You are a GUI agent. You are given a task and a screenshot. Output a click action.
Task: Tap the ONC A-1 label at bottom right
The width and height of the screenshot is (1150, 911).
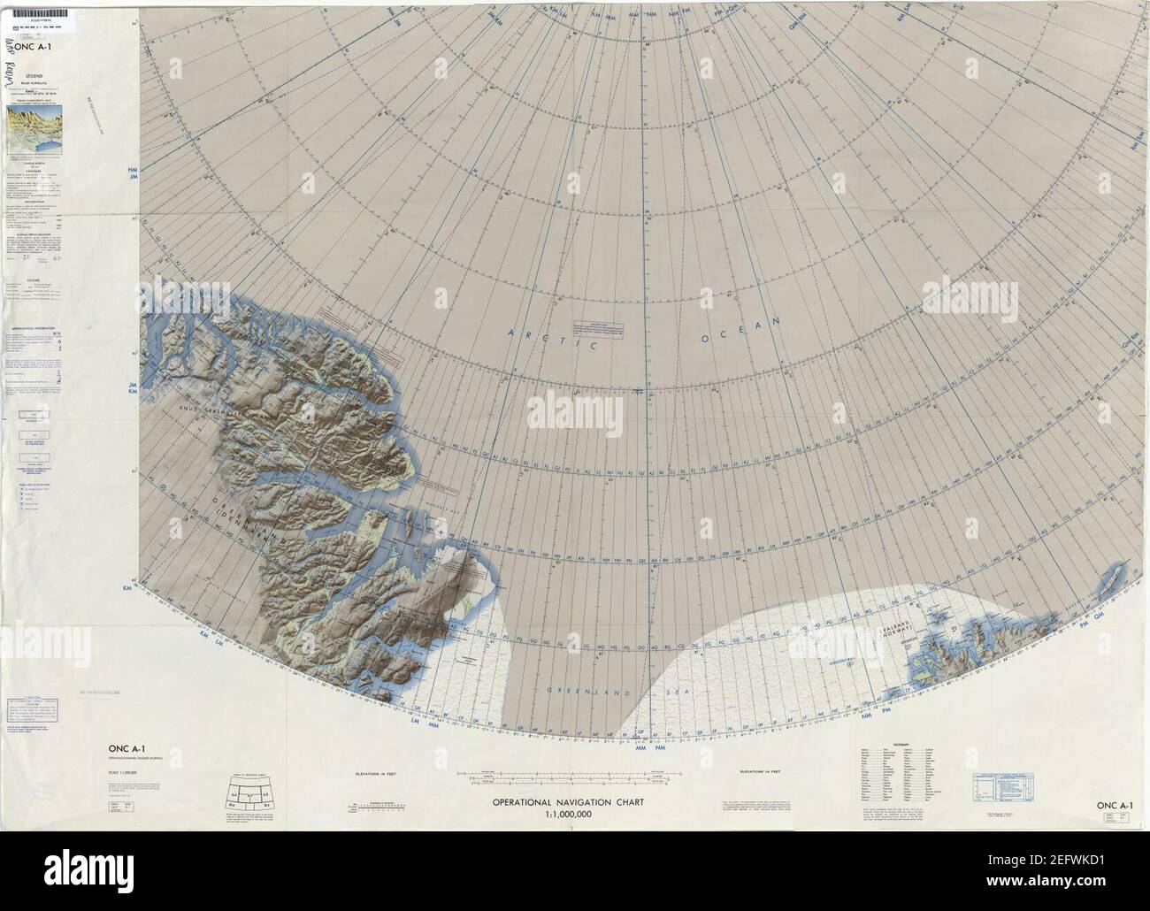click(x=1115, y=805)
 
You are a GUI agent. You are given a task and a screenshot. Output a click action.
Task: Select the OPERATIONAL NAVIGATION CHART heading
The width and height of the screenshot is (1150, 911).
click(x=567, y=803)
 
